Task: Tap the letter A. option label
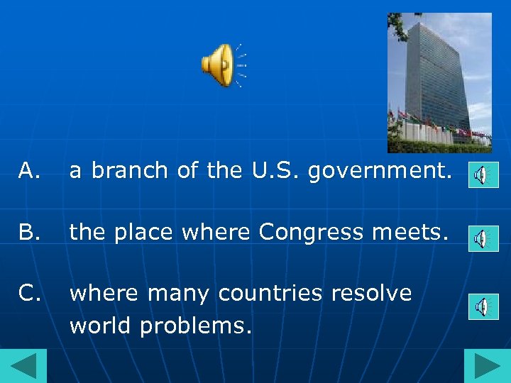tap(29, 170)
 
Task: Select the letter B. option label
tap(29, 231)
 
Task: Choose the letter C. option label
tap(29, 293)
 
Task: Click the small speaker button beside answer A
tap(483, 174)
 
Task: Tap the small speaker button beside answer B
tap(483, 239)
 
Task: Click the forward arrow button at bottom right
tap(488, 366)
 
